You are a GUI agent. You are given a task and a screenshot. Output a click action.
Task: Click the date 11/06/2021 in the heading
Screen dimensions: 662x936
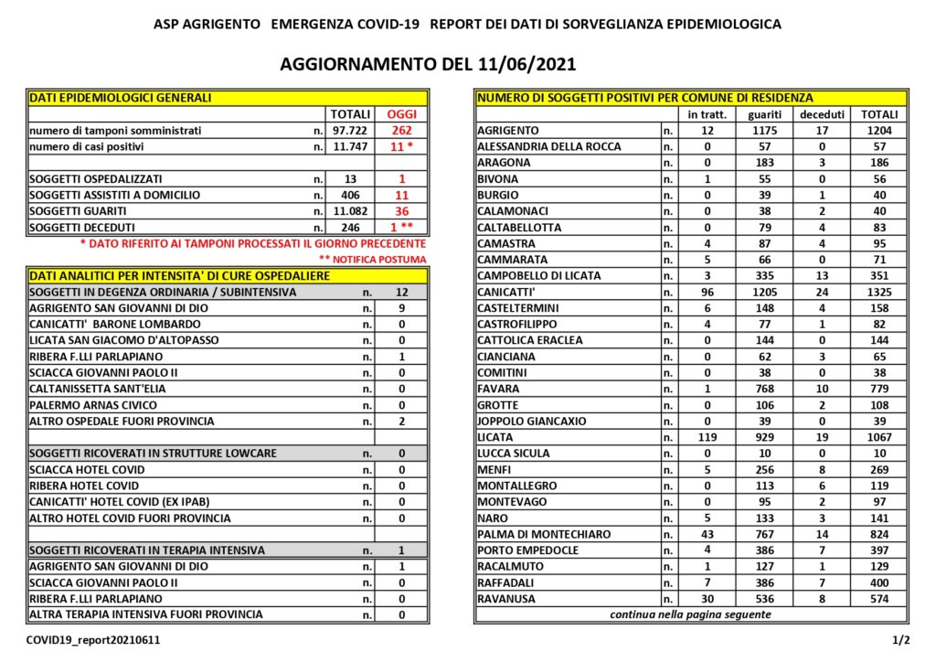[526, 65]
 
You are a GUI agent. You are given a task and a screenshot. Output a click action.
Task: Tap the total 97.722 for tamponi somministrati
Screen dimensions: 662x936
[351, 131]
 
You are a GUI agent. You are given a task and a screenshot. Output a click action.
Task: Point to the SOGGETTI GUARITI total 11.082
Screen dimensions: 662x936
[351, 211]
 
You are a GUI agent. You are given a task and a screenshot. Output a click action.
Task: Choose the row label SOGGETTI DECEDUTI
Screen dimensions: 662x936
[82, 228]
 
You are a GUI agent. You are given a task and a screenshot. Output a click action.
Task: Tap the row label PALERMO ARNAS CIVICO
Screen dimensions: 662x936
[93, 405]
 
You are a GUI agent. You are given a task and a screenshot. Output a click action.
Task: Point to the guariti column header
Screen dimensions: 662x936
[763, 114]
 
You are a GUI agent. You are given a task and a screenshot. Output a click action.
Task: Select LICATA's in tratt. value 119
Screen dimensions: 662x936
[705, 437]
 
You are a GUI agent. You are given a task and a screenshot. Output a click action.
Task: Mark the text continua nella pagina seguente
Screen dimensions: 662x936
[690, 614]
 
